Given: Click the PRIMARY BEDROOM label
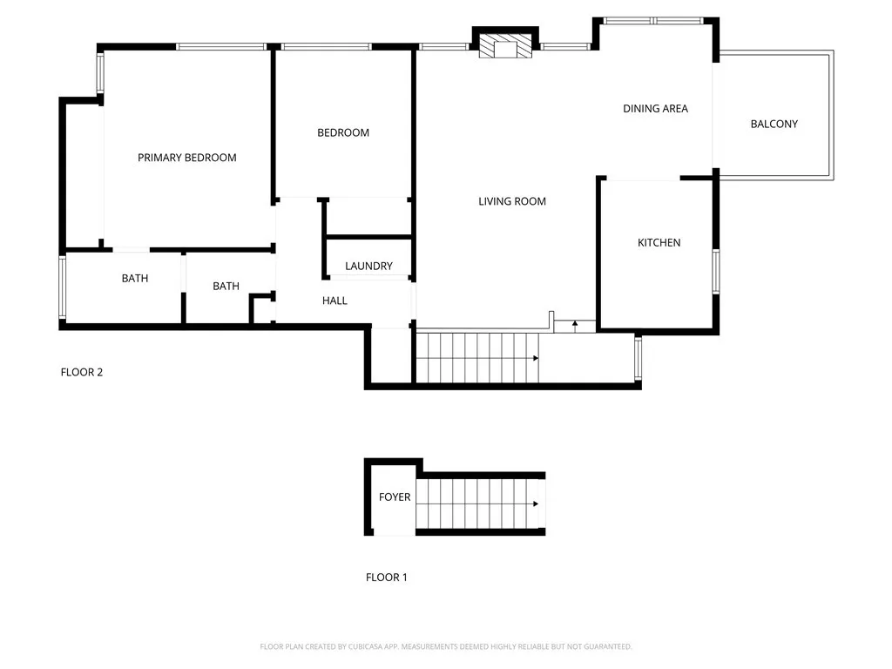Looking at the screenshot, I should pyautogui.click(x=187, y=158).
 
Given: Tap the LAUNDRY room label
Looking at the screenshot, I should pyautogui.click(x=368, y=266).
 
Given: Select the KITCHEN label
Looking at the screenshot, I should pyautogui.click(x=659, y=242).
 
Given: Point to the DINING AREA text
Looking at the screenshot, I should pyautogui.click(x=655, y=109).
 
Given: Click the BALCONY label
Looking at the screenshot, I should pyautogui.click(x=774, y=124).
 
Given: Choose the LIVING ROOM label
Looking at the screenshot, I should pyautogui.click(x=512, y=201).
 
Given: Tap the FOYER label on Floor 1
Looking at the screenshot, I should pyautogui.click(x=394, y=497).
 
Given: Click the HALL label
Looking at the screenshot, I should pyautogui.click(x=334, y=301).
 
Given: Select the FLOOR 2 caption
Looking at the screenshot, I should pyautogui.click(x=82, y=372).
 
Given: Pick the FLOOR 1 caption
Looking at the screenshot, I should pyautogui.click(x=386, y=577).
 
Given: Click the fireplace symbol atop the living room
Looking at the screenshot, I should pyautogui.click(x=505, y=46).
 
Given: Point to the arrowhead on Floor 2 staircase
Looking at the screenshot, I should pyautogui.click(x=535, y=358).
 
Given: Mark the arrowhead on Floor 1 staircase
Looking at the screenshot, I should pyautogui.click(x=535, y=503).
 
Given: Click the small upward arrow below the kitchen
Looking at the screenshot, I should pyautogui.click(x=575, y=325).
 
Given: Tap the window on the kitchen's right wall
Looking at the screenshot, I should pyautogui.click(x=716, y=270).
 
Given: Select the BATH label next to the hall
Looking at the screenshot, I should pyautogui.click(x=226, y=286).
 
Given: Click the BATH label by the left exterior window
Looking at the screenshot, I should pyautogui.click(x=134, y=278).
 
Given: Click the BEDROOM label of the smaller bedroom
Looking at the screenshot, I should pyautogui.click(x=343, y=132).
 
